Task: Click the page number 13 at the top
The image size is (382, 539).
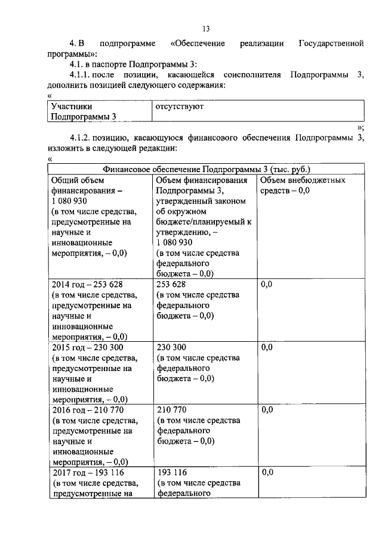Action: coord(206,29)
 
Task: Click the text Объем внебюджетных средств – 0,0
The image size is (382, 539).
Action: coord(303,185)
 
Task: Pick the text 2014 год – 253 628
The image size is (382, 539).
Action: coord(87,285)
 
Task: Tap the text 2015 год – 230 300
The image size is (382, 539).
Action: coord(87,347)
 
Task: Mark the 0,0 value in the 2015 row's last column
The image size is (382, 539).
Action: coord(267,347)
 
